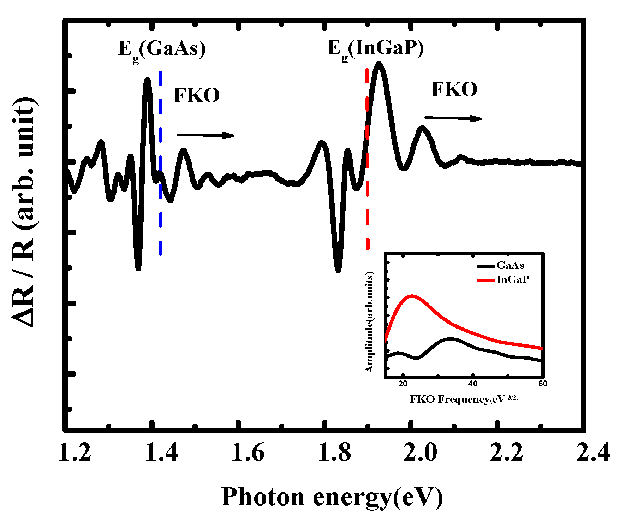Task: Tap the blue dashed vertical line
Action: coord(161,162)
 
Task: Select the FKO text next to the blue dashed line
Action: coord(196,95)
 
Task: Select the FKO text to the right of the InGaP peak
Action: coord(454,89)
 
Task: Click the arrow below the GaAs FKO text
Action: coord(205,135)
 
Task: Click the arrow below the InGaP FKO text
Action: coord(453,118)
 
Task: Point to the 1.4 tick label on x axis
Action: coord(161,453)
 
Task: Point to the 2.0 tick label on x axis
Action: coord(420,453)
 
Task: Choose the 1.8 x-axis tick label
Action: coord(334,453)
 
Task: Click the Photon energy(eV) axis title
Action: coord(332,497)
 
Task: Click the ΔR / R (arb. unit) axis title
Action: coord(25,212)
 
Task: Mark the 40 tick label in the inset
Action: coord(472,384)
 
